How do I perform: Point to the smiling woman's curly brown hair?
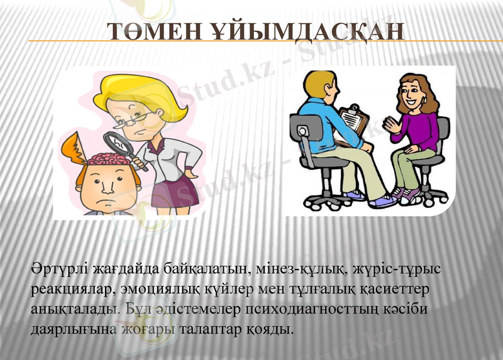click(x=428, y=94)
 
